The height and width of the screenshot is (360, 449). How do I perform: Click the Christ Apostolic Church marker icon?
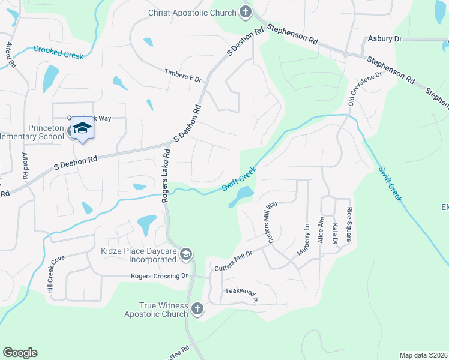245,11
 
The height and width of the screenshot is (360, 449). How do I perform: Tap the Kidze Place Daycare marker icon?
186,255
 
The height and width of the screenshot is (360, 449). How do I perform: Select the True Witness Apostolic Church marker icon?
197,310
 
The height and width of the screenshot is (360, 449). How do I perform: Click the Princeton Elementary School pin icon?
82,128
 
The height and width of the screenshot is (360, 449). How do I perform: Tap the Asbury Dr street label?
385,39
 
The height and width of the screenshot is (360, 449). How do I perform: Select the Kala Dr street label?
335,233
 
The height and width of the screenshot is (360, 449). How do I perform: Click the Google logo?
20,353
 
